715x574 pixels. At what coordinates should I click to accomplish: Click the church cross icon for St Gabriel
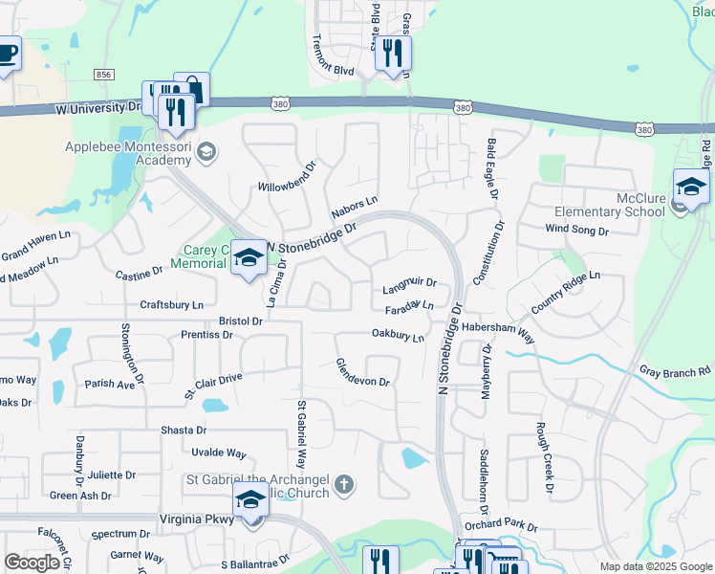pyautogui.click(x=344, y=486)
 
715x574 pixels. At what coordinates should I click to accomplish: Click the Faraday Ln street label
pyautogui.click(x=409, y=307)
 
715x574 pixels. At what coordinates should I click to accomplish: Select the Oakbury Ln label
pyautogui.click(x=398, y=336)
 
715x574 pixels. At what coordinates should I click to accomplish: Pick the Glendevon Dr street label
pyautogui.click(x=362, y=373)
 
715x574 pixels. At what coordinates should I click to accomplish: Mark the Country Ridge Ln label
pyautogui.click(x=565, y=292)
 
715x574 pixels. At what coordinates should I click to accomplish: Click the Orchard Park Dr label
pyautogui.click(x=501, y=527)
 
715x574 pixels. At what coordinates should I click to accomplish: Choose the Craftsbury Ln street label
pyautogui.click(x=172, y=304)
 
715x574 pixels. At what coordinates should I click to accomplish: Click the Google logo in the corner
pyautogui.click(x=32, y=563)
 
